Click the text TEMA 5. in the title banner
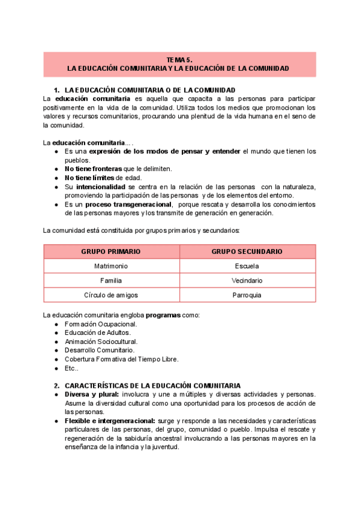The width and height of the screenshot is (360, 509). click(179, 60)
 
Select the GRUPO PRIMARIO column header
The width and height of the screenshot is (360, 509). click(111, 251)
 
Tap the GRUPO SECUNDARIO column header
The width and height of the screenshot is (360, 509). click(247, 251)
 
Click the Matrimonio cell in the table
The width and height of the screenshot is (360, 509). click(111, 266)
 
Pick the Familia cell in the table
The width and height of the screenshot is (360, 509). click(111, 280)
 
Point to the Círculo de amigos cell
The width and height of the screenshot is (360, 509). click(111, 295)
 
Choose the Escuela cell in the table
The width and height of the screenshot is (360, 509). click(247, 266)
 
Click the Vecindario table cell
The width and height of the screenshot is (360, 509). click(247, 280)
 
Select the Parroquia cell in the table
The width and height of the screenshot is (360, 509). click(247, 295)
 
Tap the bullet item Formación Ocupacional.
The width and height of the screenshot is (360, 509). click(96, 324)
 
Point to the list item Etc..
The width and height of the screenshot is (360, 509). click(72, 368)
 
